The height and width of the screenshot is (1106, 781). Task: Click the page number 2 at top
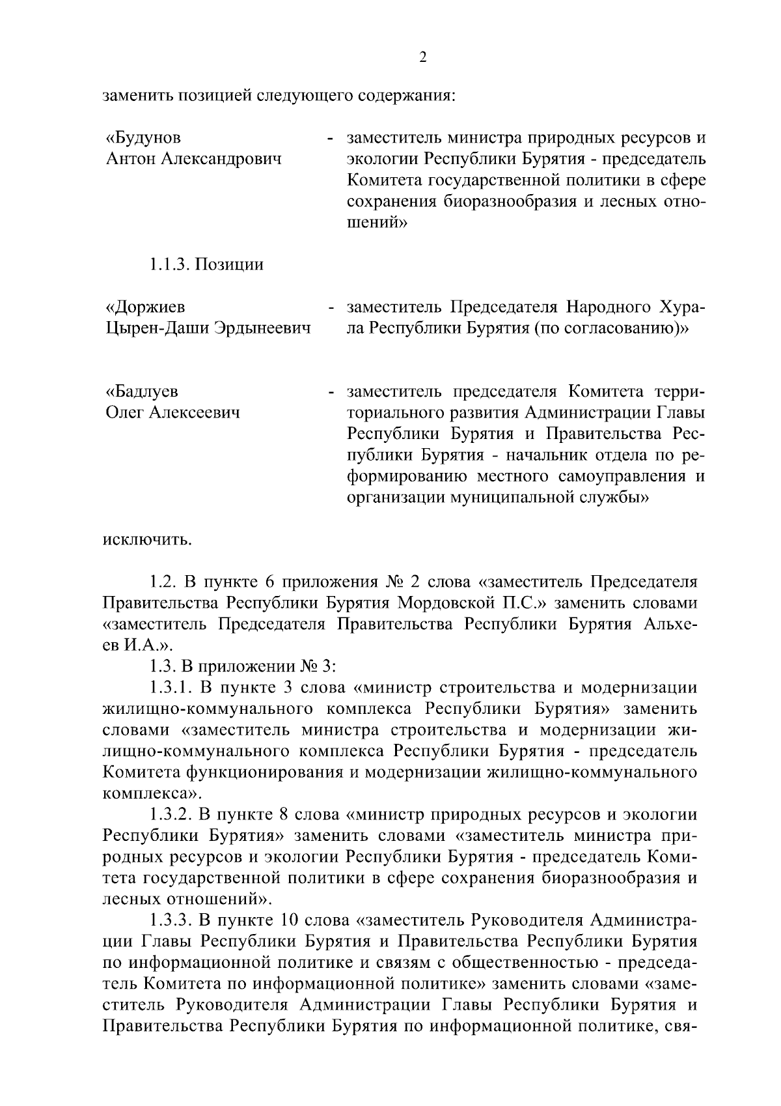pyautogui.click(x=423, y=58)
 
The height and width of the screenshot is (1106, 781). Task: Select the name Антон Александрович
pyautogui.click(x=193, y=159)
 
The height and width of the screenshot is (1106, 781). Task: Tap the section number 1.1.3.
pyautogui.click(x=169, y=264)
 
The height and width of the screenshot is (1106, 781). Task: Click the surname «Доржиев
pyautogui.click(x=145, y=307)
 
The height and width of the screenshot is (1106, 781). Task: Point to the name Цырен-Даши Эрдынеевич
pyautogui.click(x=208, y=328)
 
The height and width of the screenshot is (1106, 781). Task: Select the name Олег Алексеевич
pyautogui.click(x=172, y=412)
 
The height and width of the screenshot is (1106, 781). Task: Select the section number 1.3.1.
pyautogui.click(x=169, y=688)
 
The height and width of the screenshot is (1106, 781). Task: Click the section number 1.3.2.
pyautogui.click(x=169, y=815)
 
